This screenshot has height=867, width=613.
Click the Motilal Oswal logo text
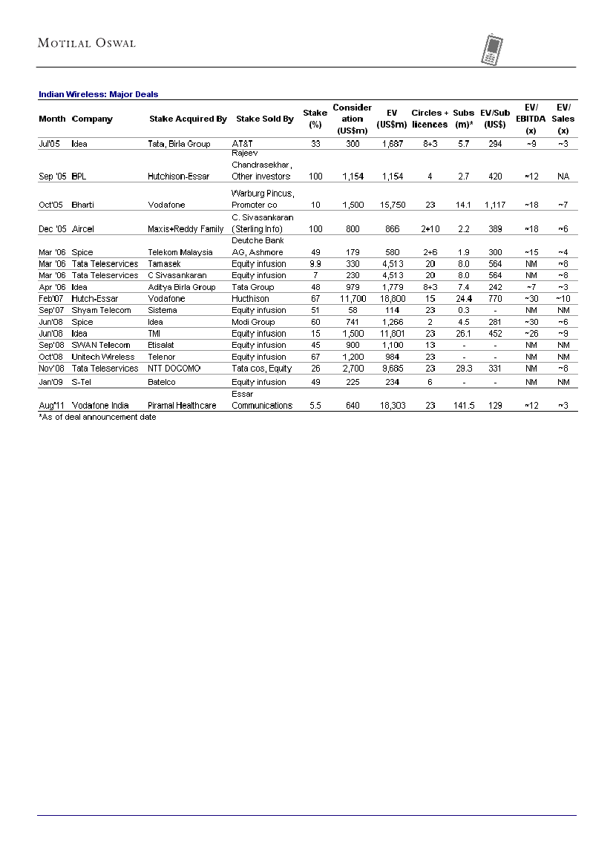(87, 43)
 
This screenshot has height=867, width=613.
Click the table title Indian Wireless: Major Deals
(98, 94)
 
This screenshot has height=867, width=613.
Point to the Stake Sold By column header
(264, 119)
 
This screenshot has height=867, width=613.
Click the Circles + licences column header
(430, 119)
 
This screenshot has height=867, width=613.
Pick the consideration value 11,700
(353, 298)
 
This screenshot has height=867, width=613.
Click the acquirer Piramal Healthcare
(183, 406)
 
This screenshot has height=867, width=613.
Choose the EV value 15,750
(391, 205)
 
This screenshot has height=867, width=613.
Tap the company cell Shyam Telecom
(101, 310)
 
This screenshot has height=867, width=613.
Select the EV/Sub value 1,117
(495, 205)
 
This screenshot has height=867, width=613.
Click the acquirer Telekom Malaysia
(180, 252)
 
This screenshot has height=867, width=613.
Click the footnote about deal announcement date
(97, 417)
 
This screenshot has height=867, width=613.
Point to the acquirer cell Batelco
(162, 382)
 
